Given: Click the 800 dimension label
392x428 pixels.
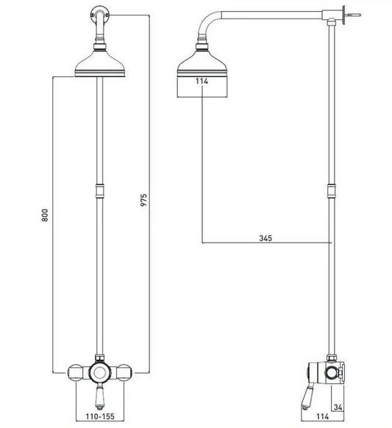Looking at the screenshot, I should coord(46,215).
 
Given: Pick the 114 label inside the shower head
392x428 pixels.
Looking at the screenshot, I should coord(203,82).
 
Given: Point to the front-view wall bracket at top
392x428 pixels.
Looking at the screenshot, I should coord(97,13).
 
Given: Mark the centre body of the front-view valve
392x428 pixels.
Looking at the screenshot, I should coord(98,371).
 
